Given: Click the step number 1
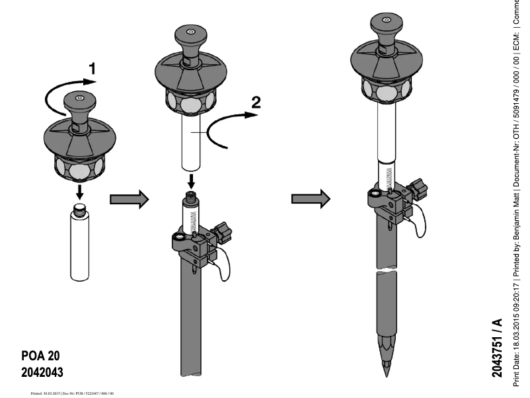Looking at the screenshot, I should tap(93, 68).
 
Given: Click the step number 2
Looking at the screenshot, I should tap(256, 102).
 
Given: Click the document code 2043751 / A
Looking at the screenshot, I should tap(497, 347).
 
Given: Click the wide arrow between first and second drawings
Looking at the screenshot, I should tap(126, 200).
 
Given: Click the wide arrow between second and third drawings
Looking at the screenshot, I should tap(309, 198).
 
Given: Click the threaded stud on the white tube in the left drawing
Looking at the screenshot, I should tap(79, 210).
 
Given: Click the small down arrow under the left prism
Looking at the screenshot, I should tap(79, 192).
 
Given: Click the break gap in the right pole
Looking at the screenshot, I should tap(387, 272).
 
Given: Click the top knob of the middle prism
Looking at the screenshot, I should tap(190, 35).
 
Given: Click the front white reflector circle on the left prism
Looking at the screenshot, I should tap(79, 170).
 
